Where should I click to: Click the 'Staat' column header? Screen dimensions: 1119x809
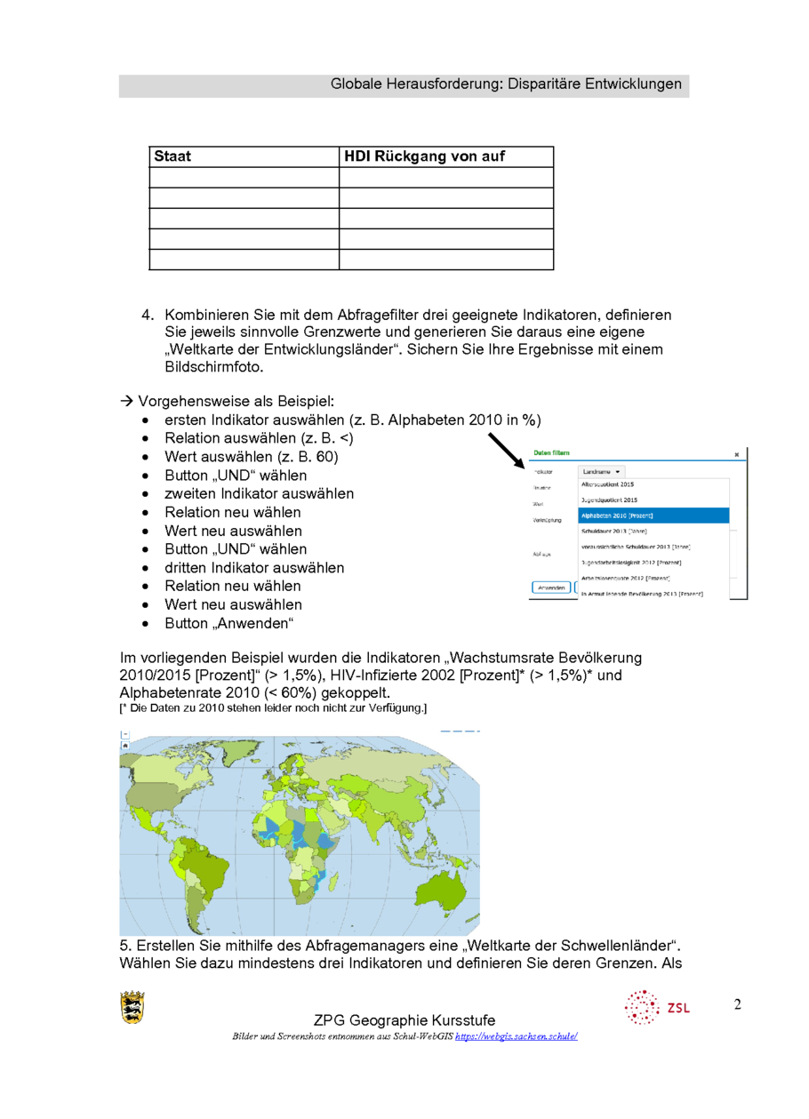coord(172,156)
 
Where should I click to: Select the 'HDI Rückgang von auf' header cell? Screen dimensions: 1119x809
coord(424,156)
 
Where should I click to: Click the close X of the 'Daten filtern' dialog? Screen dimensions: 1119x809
coord(737,454)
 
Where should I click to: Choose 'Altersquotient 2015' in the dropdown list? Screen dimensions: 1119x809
coord(607,485)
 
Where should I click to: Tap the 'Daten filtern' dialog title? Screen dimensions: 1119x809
coord(551,453)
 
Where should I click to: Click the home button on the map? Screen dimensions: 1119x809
coord(125,746)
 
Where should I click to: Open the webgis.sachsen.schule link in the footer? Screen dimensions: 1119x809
coord(517,1036)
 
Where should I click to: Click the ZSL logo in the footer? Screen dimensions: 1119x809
coord(657,1007)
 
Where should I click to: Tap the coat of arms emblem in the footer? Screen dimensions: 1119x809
coord(132,1007)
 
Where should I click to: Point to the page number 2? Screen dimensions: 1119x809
coord(738,1005)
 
